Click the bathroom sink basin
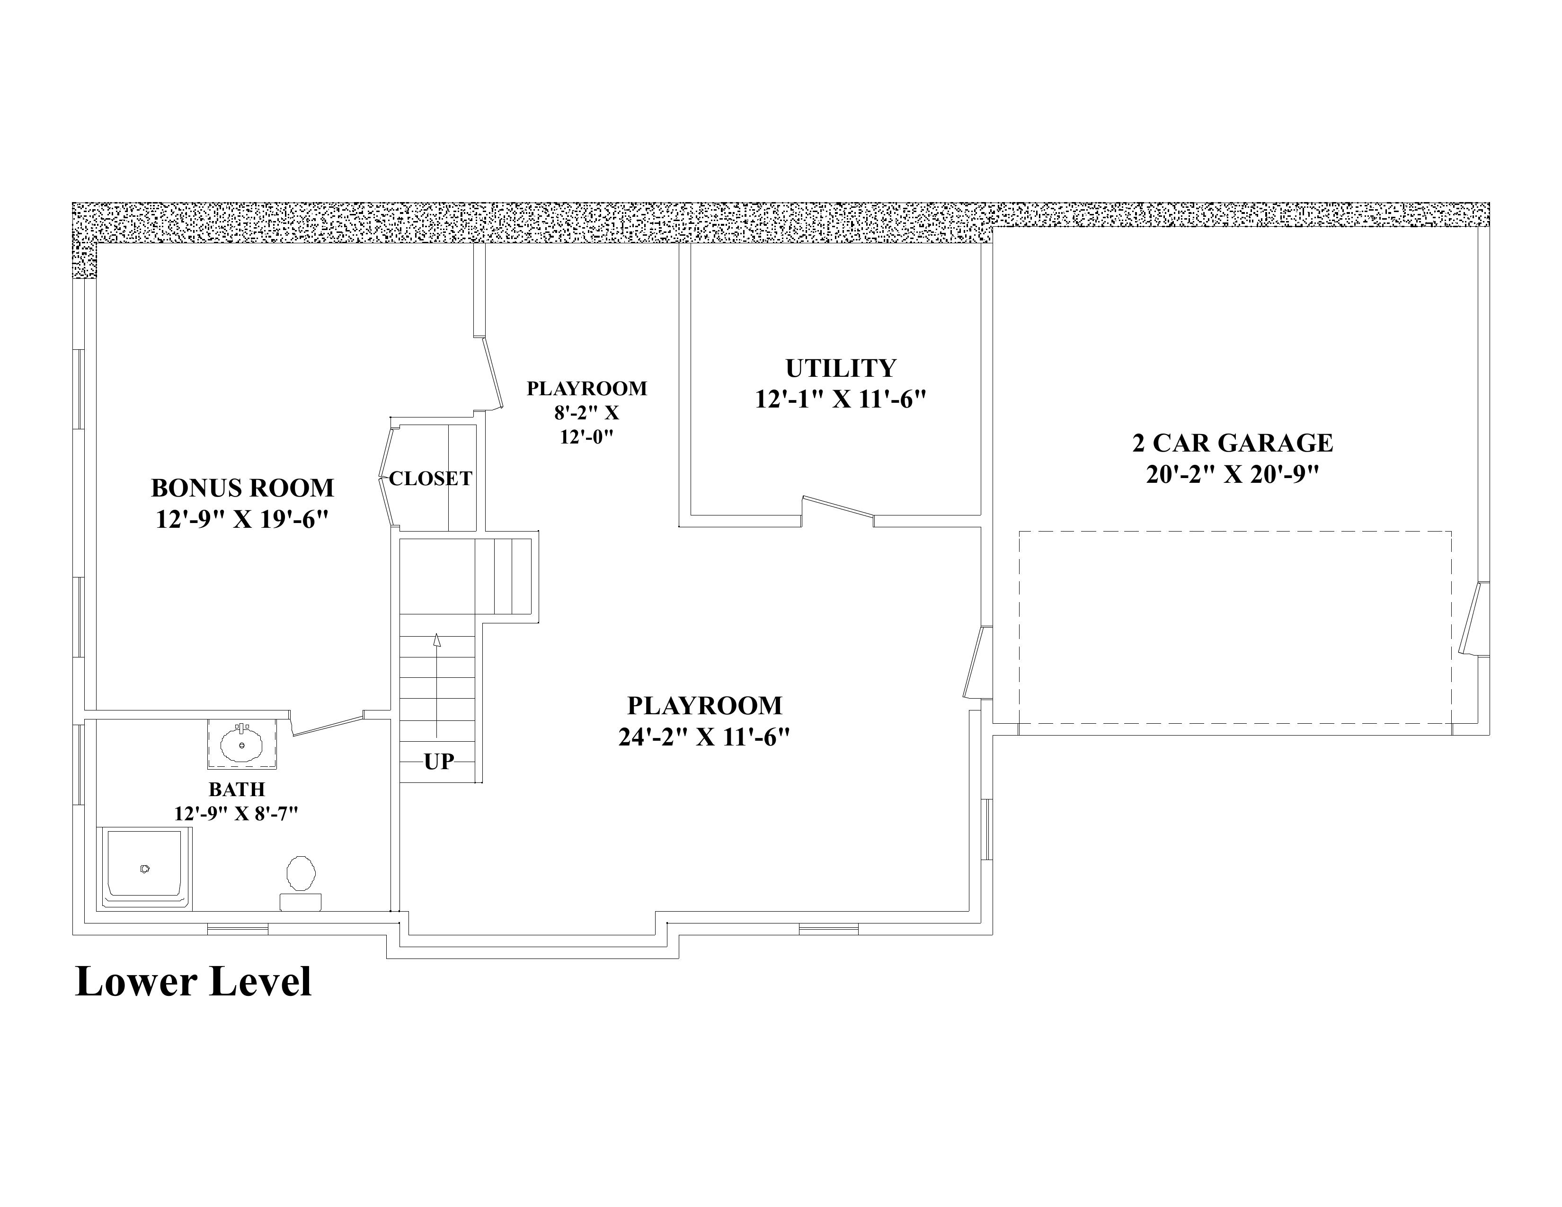tap(242, 745)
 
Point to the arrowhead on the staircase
tap(436, 640)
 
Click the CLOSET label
tap(431, 479)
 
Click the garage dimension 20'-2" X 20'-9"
tap(1232, 474)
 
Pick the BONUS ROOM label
tap(242, 488)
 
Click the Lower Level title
tap(193, 981)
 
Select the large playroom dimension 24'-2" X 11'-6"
tap(704, 737)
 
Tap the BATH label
tap(237, 790)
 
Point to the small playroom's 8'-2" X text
tap(586, 413)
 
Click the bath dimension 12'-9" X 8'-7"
tap(236, 814)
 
